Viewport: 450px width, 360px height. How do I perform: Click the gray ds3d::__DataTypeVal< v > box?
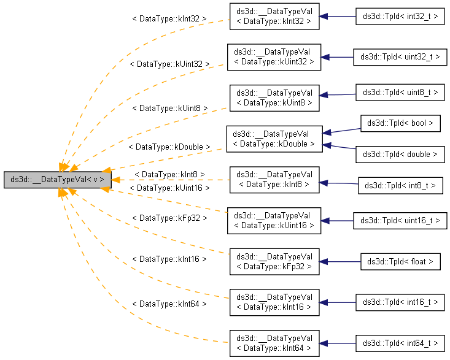click(x=57, y=180)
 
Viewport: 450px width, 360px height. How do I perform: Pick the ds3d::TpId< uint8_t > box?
click(x=400, y=92)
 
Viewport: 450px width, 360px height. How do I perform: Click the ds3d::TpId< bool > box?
click(x=400, y=123)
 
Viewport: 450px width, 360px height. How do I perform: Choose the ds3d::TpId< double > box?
click(x=400, y=155)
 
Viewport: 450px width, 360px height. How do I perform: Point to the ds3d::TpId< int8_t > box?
click(x=400, y=185)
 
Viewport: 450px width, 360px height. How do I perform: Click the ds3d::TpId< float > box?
click(x=400, y=261)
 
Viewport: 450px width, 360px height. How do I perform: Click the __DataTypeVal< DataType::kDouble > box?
click(x=274, y=139)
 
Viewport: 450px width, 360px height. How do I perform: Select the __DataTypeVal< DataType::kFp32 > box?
click(x=274, y=261)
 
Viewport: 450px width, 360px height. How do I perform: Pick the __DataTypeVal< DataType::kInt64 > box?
click(x=274, y=343)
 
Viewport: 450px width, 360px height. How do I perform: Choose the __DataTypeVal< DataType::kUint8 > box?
click(x=274, y=98)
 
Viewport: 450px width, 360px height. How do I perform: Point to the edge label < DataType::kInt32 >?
click(x=169, y=19)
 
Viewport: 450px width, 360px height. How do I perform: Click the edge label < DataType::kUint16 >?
click(x=169, y=188)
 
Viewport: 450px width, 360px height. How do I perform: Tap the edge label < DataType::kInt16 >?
click(x=169, y=259)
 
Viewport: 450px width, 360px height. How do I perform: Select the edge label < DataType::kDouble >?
click(x=169, y=147)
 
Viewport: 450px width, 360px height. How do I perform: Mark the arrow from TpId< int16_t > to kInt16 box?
click(x=338, y=302)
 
